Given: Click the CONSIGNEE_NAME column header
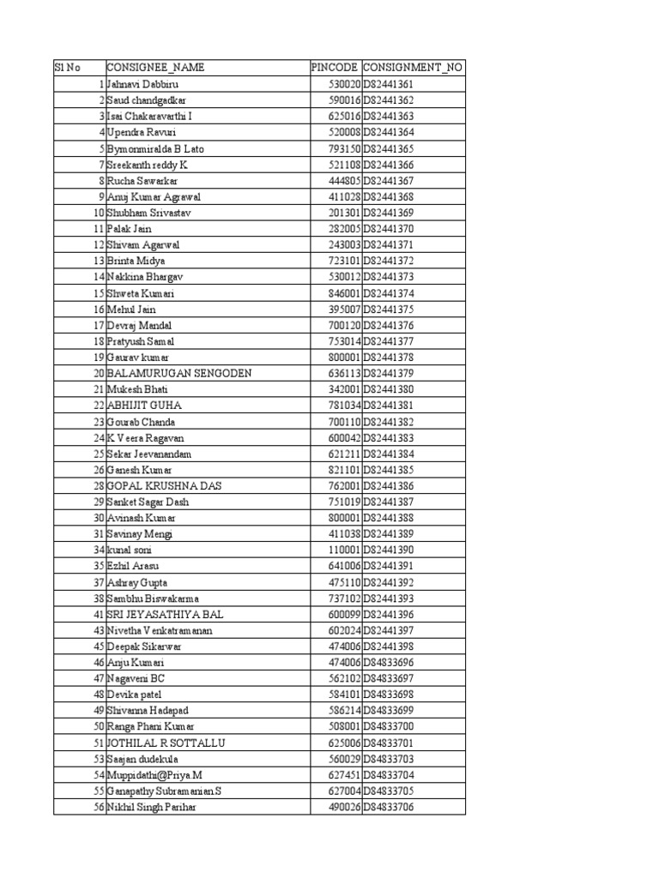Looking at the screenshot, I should point(155,68).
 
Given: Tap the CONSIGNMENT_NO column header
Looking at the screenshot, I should point(413,68).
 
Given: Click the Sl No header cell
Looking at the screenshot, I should point(67,68).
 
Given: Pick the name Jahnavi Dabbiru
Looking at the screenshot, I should point(143,84).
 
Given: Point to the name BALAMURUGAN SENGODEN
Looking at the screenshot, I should point(178,373).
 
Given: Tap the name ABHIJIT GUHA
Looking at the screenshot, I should point(144,406).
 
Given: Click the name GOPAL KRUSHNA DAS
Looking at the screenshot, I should point(165,486).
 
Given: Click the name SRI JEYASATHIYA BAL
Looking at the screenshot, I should point(165,614).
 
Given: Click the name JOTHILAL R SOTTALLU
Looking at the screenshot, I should point(166,743).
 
